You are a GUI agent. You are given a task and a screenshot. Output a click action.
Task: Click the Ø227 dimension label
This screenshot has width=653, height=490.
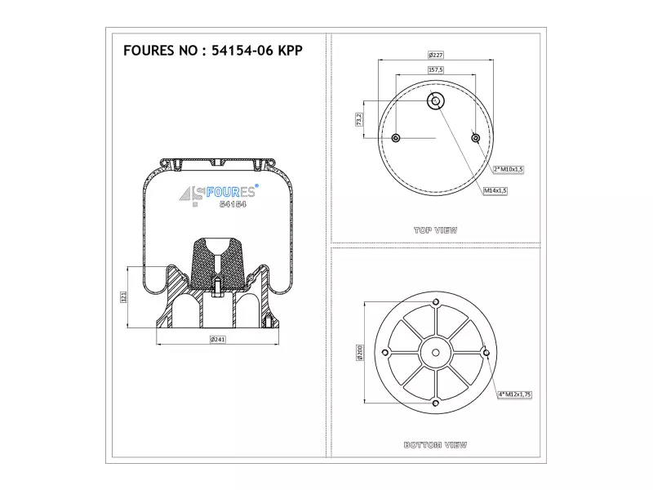pyautogui.click(x=436, y=55)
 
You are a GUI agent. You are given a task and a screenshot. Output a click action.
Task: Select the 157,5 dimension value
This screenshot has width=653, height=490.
pyautogui.click(x=436, y=69)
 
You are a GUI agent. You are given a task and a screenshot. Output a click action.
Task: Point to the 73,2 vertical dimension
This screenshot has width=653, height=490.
pyautogui.click(x=358, y=119)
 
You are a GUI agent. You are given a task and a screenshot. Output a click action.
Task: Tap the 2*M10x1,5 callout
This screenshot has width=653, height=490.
pyautogui.click(x=508, y=169)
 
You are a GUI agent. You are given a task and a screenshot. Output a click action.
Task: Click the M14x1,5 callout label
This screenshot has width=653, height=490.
pyautogui.click(x=495, y=190)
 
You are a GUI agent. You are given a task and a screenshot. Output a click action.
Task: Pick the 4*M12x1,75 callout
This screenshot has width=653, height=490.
pyautogui.click(x=515, y=394)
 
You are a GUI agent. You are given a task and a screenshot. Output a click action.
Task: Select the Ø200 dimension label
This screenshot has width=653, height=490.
pyautogui.click(x=360, y=353)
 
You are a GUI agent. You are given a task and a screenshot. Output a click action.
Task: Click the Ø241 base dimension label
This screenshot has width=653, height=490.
pyautogui.click(x=217, y=339)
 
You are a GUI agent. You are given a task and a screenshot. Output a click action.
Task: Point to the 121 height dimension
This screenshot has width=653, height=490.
pyautogui.click(x=123, y=297)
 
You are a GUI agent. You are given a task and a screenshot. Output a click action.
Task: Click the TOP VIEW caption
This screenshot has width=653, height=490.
pyautogui.click(x=436, y=230)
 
